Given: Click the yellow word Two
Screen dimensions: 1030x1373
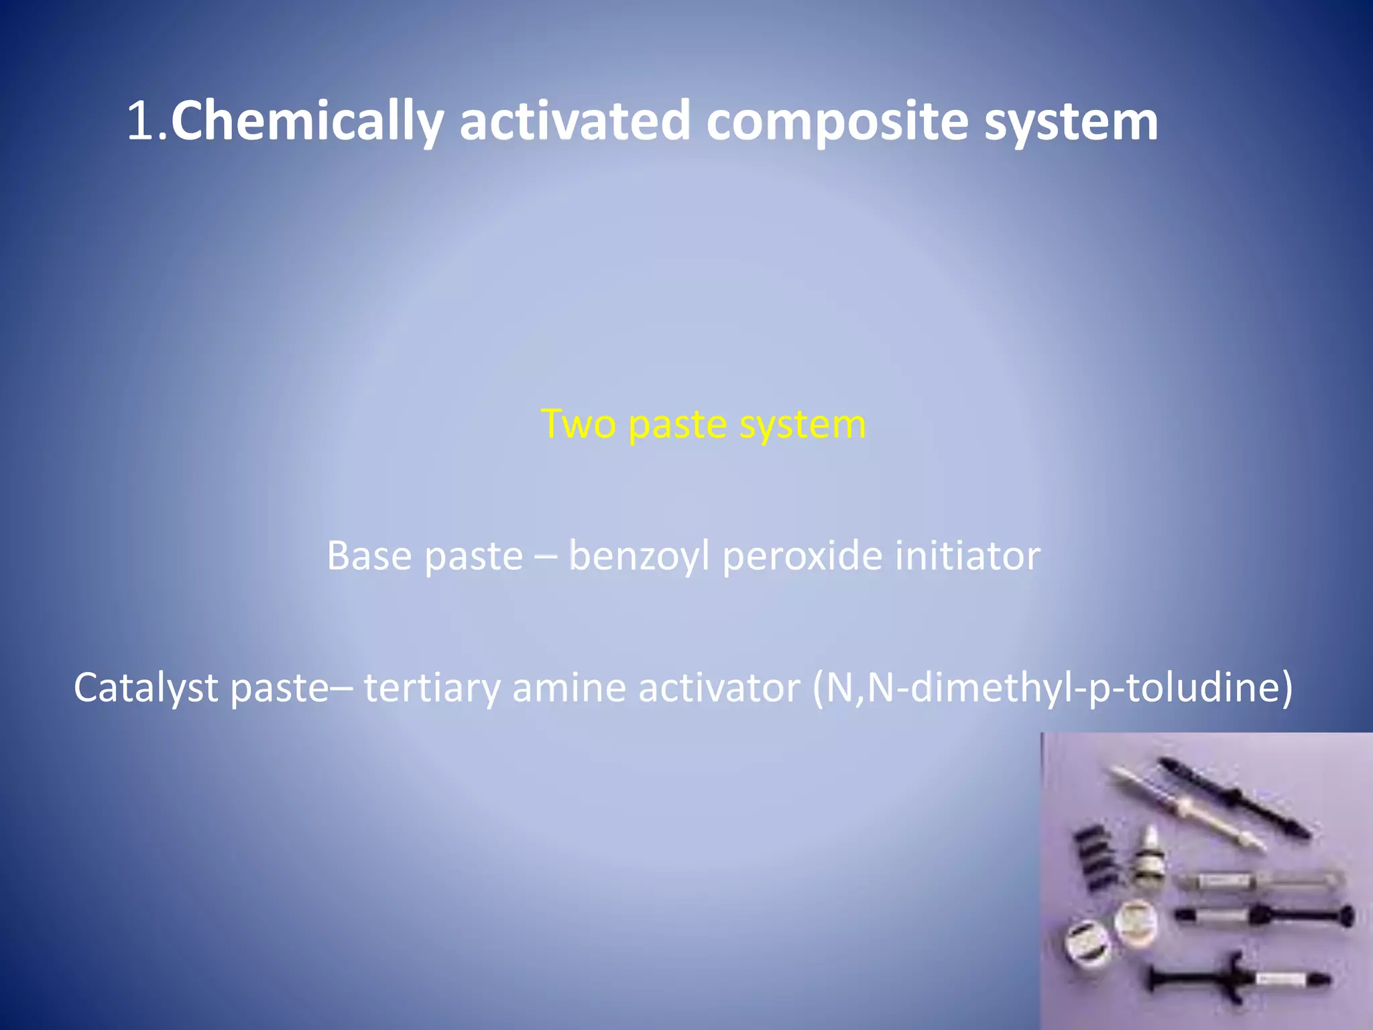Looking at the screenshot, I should tap(578, 424).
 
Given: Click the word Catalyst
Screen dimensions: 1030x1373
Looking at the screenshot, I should tap(145, 689).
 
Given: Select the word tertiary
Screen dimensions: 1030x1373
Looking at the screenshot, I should tap(432, 689).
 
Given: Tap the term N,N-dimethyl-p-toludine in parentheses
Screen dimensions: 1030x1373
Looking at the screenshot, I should tap(1052, 689).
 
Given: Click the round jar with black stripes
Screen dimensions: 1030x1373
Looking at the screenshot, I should tap(1088, 946).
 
